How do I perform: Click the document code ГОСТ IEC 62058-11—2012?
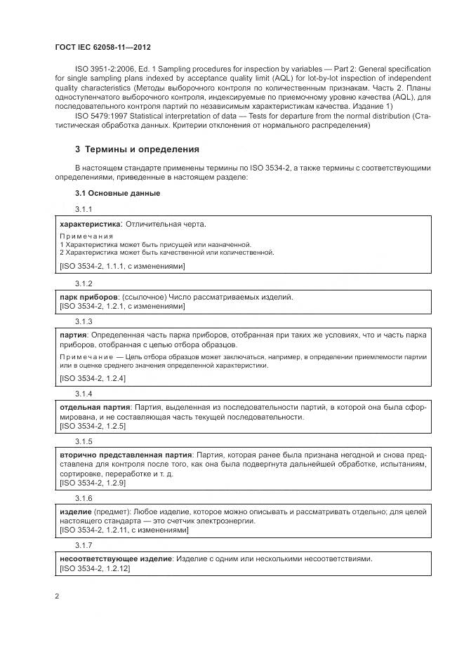[102, 47]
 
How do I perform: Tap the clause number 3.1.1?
[84, 210]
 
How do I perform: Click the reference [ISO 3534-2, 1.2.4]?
[93, 378]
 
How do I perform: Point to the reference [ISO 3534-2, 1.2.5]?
[93, 427]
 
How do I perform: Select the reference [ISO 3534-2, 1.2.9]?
[93, 483]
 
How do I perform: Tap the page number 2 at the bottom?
[57, 596]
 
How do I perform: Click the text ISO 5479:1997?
[100, 115]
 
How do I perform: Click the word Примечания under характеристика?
[86, 236]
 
